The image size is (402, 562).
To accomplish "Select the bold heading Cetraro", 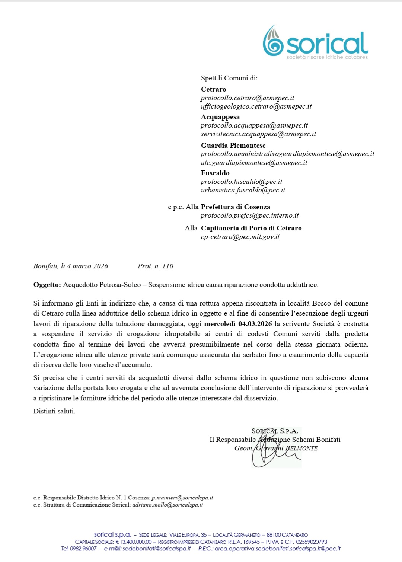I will pos(214,89).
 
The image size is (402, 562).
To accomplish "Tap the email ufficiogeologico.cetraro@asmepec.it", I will pos(256,106).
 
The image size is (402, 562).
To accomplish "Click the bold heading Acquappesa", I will pos(220,117).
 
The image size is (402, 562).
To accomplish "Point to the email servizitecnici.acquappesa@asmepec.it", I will pos(258,134).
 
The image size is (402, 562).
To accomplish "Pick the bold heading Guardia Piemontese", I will pos(233,146).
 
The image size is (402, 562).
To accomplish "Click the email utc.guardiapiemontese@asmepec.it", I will pos(254,163).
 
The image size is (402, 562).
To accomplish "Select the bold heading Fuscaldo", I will pos(215,173).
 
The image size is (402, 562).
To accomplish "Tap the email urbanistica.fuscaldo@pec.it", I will pos(243,190).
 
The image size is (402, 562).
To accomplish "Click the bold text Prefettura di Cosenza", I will pos(236,207).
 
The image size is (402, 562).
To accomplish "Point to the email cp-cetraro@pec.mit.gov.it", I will pos(240,237).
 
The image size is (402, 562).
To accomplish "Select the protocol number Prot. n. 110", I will pos(156,266).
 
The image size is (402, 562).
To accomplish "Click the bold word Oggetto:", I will pos(47,285).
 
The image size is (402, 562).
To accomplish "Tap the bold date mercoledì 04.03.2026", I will pos(238,324).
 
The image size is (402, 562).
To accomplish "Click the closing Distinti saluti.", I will pos(54,411).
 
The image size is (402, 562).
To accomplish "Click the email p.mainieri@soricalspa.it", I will pos(182,498).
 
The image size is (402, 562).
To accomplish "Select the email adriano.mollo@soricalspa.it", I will pos(168,505).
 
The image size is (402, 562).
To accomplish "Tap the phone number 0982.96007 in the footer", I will pos(83,549).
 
